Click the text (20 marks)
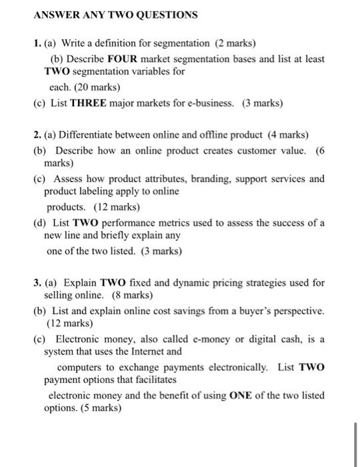(x=97, y=87)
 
